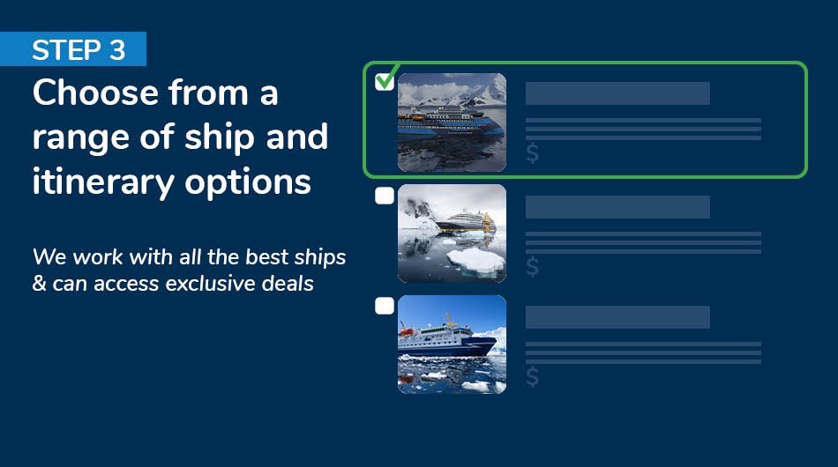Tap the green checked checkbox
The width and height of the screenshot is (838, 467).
tap(385, 81)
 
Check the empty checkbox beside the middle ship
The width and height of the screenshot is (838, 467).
tap(385, 196)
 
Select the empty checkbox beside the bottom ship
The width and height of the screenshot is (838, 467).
tap(385, 306)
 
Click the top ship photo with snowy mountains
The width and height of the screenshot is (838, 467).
tap(452, 122)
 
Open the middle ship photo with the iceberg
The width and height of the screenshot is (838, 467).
tap(452, 233)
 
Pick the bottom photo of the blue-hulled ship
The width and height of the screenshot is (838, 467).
tap(452, 344)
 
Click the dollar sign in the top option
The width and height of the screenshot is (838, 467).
tap(532, 154)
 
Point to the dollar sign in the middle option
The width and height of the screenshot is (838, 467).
tap(532, 265)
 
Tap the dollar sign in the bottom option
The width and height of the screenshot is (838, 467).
tap(532, 376)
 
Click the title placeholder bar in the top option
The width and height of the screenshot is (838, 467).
tap(617, 93)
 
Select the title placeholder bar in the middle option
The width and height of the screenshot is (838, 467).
tap(617, 207)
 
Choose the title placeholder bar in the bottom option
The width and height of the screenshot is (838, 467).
tap(617, 317)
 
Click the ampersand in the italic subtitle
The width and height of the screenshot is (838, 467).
tap(39, 285)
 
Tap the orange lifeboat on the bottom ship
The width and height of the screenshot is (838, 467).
tap(407, 331)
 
